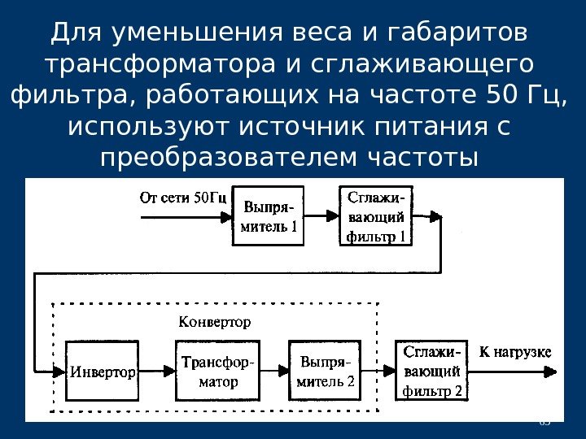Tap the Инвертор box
coord(101,372)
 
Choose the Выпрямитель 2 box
coord(323,371)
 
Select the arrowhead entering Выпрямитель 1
coord(227,216)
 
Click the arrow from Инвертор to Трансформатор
coord(155,372)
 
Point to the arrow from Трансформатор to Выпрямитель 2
coord(273,372)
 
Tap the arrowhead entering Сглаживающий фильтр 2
coord(388,372)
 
